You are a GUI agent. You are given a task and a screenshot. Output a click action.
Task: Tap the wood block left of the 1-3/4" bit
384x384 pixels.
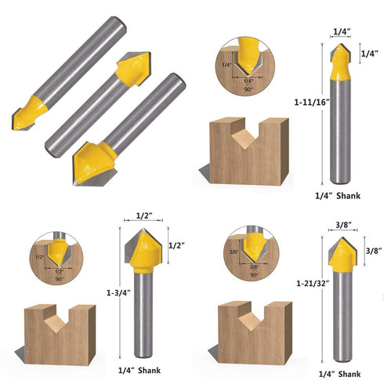pos(59,332)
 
